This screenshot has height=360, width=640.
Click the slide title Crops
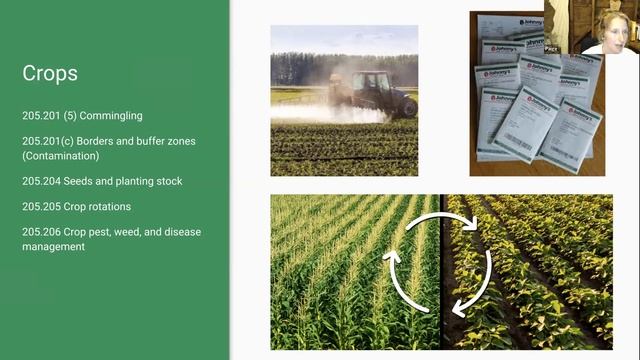[50, 75]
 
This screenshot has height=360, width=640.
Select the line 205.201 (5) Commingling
[82, 116]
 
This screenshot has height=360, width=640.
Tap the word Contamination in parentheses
[61, 156]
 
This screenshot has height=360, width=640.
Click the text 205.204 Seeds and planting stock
[102, 182]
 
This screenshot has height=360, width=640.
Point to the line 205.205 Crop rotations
[76, 207]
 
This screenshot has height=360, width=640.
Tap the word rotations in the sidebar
[109, 207]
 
